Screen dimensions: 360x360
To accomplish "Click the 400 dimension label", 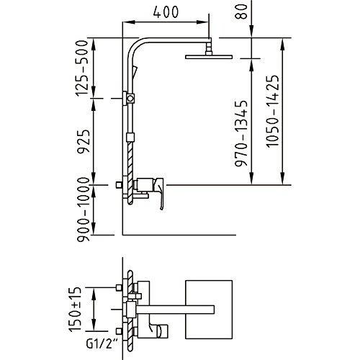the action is [x=166, y=12].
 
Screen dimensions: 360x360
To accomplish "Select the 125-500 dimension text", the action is [x=82, y=68].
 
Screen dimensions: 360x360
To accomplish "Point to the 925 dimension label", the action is [x=84, y=141].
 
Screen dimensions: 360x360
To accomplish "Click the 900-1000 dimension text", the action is [x=83, y=210].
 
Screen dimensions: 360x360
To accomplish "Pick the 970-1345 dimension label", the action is [x=241, y=133].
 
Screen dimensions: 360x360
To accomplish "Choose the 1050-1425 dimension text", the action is [x=273, y=111].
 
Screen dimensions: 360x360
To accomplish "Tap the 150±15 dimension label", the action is [x=75, y=309].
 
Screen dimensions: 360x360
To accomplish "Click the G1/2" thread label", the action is [x=100, y=344].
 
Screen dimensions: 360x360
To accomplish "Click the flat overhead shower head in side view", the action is [x=209, y=57].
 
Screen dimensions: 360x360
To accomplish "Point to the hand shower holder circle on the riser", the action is [x=131, y=99].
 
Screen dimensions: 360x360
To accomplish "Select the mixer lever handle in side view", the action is [x=161, y=194].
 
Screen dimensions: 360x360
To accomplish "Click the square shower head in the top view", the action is [x=209, y=310].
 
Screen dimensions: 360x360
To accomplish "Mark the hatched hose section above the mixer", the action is [x=130, y=160].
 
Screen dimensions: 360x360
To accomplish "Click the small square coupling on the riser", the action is [x=130, y=138].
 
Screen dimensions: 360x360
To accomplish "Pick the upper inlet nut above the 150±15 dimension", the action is [x=118, y=287].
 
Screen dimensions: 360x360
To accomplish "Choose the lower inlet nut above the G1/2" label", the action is [x=118, y=331].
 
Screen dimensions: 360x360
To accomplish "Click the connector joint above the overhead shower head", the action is [x=209, y=49].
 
